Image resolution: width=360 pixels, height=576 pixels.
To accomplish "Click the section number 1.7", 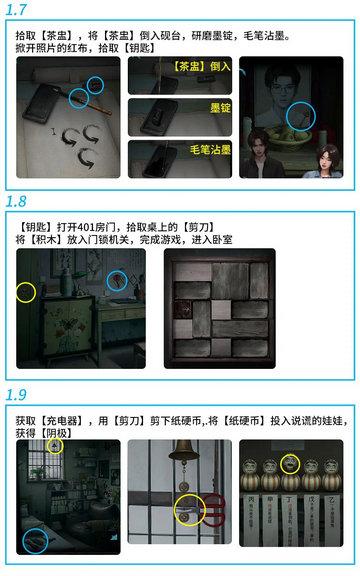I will click(x=17, y=10).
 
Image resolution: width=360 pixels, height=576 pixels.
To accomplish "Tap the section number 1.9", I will click(x=17, y=394).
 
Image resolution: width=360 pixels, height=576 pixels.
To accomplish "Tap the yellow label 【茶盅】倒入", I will click(x=201, y=67).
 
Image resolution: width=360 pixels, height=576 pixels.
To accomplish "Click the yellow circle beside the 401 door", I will click(x=26, y=293).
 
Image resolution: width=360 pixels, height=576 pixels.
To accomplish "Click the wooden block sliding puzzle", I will click(x=218, y=310).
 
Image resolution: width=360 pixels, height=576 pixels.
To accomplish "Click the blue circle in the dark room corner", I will click(x=37, y=540).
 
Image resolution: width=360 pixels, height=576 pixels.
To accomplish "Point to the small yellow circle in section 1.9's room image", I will click(x=55, y=446).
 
